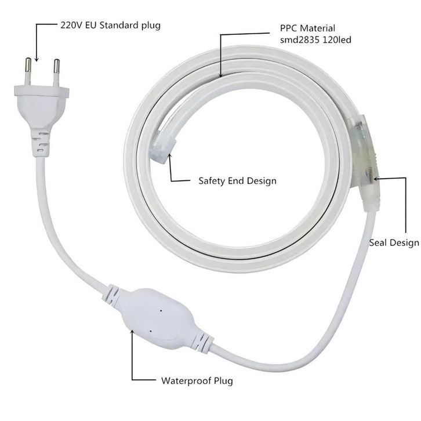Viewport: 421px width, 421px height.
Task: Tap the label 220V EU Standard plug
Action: pos(110,26)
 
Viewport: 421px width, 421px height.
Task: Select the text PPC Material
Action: pos(307,28)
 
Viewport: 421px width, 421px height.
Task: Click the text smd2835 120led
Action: pos(315,40)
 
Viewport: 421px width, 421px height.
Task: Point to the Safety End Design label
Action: pos(237,181)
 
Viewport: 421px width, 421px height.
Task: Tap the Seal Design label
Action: pos(394,243)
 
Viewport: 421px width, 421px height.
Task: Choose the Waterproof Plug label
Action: pos(197,381)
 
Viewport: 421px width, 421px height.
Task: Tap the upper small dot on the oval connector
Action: pos(161,311)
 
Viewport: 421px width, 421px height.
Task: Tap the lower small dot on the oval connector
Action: pos(150,331)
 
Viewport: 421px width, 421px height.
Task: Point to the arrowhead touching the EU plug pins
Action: pos(37,59)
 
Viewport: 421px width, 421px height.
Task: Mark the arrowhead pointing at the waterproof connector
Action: pos(132,332)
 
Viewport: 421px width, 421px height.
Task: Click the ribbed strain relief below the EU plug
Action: pos(40,144)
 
